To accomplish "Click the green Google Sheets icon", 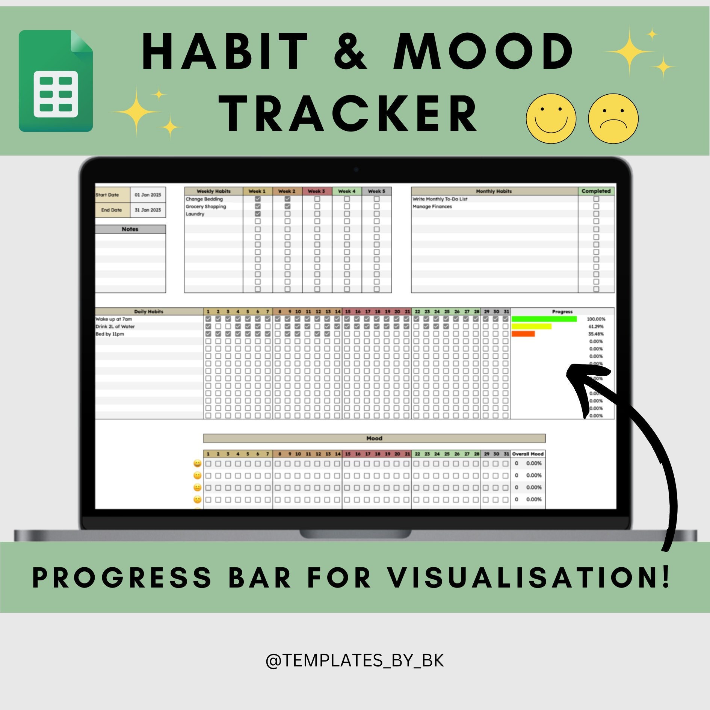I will (x=56, y=81).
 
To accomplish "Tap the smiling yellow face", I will (x=551, y=118).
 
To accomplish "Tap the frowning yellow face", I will (x=613, y=118).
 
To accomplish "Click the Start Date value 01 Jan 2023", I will (x=148, y=195).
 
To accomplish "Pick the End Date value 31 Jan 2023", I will (x=148, y=210).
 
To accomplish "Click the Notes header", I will (x=130, y=229).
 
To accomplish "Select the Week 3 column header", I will (x=317, y=191).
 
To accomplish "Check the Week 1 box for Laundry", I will (x=258, y=214).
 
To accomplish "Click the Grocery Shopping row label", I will (x=206, y=207).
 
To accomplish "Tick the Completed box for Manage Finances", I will (x=596, y=207).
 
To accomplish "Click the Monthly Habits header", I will (x=494, y=191).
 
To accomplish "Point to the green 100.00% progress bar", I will (x=544, y=319).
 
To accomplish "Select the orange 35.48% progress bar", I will (x=523, y=334).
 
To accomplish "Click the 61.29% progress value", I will (x=596, y=326).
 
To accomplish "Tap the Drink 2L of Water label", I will (x=115, y=326).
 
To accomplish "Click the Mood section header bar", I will (x=374, y=438).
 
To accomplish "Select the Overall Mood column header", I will (x=528, y=454).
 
